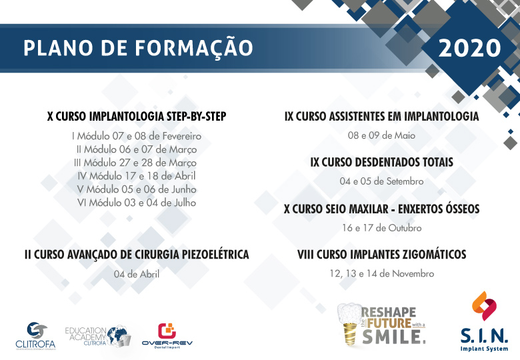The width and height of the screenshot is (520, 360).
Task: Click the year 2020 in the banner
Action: tap(469, 48)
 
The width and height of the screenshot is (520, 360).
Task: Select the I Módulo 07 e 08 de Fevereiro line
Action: tap(137, 136)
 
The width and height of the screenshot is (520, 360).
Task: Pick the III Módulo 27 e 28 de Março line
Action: tap(135, 163)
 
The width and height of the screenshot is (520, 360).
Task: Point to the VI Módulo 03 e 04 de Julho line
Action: tap(137, 203)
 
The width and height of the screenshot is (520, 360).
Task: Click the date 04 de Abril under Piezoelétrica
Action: tap(137, 274)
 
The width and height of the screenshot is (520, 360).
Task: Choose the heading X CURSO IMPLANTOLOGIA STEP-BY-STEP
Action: tap(137, 117)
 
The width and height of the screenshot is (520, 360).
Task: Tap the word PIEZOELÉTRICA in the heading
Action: tap(215, 254)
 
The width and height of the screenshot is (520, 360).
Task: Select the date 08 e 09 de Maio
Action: tap(381, 135)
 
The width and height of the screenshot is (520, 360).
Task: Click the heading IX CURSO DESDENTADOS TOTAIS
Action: tap(382, 162)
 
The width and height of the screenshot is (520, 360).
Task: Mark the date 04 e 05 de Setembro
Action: tap(382, 181)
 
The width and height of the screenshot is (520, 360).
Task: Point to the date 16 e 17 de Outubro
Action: tap(382, 228)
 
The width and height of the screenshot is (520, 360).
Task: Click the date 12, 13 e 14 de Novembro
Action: tap(382, 274)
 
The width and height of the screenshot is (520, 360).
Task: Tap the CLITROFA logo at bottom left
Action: tap(36, 335)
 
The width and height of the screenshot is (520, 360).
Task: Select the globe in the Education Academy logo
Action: tap(118, 335)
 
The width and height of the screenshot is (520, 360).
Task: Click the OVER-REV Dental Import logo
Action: tap(167, 336)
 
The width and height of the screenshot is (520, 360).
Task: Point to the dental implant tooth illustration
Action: tap(349, 324)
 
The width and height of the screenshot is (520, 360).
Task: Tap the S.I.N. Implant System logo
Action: tap(484, 321)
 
